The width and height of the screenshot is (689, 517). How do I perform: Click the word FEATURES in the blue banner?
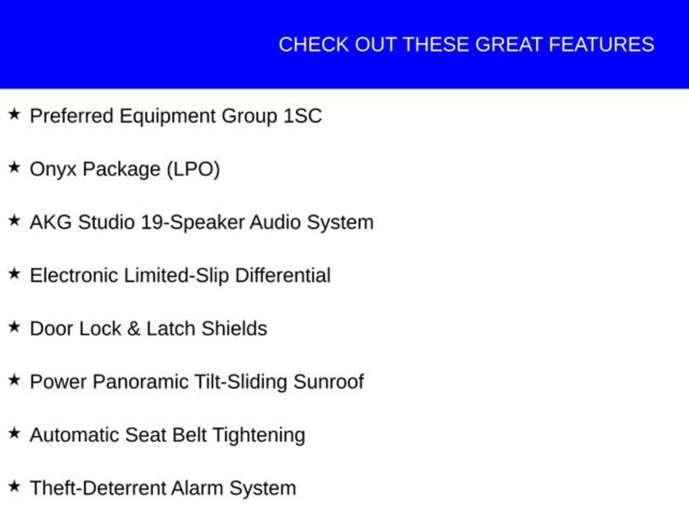click(602, 45)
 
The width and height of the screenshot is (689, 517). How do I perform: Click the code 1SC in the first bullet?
click(303, 116)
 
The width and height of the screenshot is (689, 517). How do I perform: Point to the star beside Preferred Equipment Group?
click(15, 114)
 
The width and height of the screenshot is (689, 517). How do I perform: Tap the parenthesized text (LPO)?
click(193, 170)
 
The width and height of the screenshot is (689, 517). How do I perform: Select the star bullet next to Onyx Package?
click(15, 167)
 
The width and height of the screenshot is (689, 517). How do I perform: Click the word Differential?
click(283, 275)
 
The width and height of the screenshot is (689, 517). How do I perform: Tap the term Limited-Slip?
click(177, 276)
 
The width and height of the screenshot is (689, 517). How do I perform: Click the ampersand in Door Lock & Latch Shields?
click(134, 329)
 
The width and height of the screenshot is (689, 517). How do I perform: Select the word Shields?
click(235, 329)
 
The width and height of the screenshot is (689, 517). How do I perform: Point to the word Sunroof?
click(328, 382)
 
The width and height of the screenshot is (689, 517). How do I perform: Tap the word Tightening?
click(259, 436)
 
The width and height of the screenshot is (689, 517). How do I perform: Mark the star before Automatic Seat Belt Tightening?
click(15, 433)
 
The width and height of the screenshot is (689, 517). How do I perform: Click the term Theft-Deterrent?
click(98, 489)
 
